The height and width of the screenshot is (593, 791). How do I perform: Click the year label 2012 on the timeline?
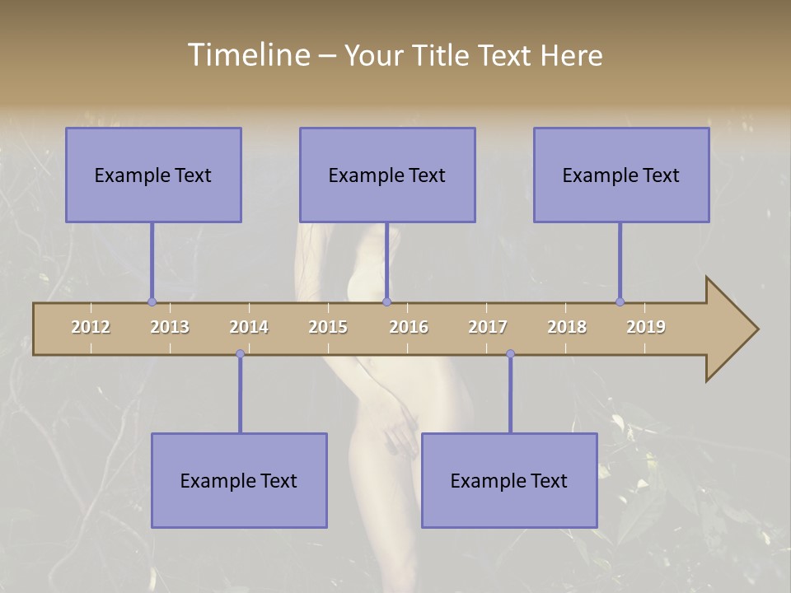pos(91,327)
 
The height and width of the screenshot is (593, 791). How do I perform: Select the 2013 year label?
pos(170,327)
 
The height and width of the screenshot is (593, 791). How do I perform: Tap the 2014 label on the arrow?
pos(249,327)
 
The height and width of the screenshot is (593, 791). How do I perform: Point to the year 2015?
pos(328,327)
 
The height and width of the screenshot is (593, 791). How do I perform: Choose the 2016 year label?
pos(409,327)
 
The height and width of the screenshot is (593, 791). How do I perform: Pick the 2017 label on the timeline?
pos(488,327)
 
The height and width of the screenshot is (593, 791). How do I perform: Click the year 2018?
pos(567,327)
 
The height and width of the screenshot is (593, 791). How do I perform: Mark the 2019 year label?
pos(646,327)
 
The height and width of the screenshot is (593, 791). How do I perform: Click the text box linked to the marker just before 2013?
pos(153,175)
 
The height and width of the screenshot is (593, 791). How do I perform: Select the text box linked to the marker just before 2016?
pos(387,175)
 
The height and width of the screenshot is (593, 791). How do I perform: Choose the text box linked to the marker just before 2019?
pos(621,175)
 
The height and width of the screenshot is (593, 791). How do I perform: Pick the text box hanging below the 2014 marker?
pos(239,481)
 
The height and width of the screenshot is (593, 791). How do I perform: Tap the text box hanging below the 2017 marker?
pos(509,481)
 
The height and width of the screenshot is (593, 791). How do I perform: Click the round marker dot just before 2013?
pos(152,301)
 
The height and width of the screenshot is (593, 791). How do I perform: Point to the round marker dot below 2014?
pos(240,354)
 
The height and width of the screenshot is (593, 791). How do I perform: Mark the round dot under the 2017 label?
pos(510,354)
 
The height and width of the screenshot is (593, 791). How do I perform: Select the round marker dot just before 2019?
pos(620,301)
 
